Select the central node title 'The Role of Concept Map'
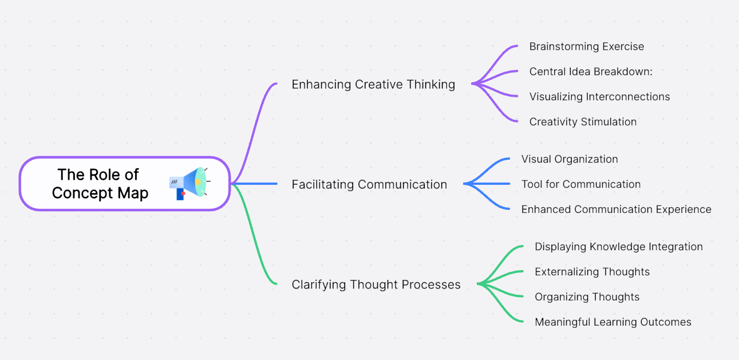(x=100, y=184)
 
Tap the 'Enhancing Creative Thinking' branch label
(x=373, y=85)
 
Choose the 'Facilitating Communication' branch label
(x=369, y=184)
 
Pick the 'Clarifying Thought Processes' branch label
(x=376, y=284)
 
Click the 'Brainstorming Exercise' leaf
(x=586, y=47)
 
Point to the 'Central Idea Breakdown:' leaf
(x=591, y=72)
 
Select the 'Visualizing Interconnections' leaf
(x=599, y=97)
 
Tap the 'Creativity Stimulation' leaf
(x=583, y=122)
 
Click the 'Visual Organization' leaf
(x=570, y=159)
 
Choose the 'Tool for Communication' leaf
(x=580, y=184)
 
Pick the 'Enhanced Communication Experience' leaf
(x=616, y=209)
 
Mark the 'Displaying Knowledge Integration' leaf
(x=618, y=247)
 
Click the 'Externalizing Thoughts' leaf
(x=592, y=272)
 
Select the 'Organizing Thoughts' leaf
(x=587, y=297)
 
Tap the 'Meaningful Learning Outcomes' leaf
(x=612, y=322)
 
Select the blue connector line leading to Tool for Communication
(x=489, y=184)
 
